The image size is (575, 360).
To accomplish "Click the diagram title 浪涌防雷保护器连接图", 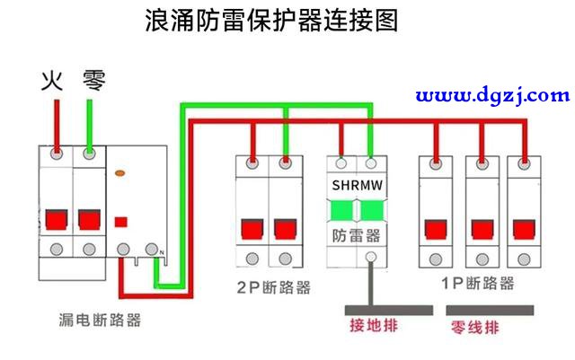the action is tap(271, 20).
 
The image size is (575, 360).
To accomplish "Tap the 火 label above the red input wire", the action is tap(52, 81).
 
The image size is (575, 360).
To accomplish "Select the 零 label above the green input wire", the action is tap(93, 81).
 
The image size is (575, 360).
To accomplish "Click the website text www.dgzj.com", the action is tap(492, 96).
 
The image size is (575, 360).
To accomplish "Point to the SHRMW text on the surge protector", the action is tap(358, 185).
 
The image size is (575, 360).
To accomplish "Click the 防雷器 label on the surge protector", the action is tap(356, 236).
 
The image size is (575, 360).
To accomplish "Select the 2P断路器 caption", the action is tap(273, 287).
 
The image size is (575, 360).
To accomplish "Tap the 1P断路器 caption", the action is tap(478, 283).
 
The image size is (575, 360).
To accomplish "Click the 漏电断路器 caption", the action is tap(100, 320).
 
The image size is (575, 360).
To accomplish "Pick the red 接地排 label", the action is tap(374, 326).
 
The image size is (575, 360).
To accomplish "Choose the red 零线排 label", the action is tap(475, 327).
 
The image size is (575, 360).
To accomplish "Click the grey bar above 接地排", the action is tap(389, 310).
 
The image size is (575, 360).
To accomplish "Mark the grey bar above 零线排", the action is tap(490, 310).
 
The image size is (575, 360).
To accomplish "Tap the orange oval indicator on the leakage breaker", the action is tap(120, 172).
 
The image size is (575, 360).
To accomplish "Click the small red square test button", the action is tap(121, 222).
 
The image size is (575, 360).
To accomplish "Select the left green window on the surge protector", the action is tap(341, 210).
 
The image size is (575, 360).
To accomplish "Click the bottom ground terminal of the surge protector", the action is tap(371, 257).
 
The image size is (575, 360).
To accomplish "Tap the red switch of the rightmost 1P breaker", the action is tap(524, 229).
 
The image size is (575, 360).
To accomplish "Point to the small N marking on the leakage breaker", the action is tap(162, 252).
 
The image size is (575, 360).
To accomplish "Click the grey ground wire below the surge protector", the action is tap(371, 284).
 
